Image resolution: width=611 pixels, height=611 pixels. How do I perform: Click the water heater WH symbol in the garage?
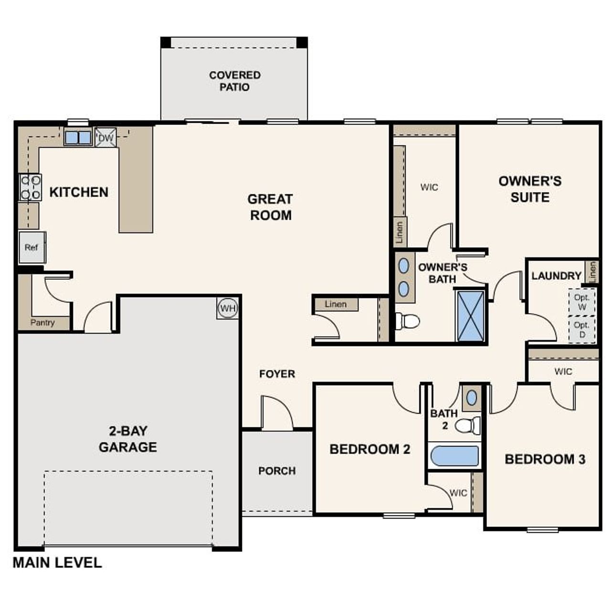pos(228,308)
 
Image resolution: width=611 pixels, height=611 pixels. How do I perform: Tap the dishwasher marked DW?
pos(105,138)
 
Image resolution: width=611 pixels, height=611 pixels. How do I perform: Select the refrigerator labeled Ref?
pos(32,247)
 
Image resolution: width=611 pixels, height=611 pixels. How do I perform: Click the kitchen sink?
pos(77,137)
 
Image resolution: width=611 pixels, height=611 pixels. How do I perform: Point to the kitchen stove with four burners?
pos(30,187)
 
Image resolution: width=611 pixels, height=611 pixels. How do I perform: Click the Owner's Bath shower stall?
pos(471,316)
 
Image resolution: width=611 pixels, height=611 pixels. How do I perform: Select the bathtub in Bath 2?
pos(454,456)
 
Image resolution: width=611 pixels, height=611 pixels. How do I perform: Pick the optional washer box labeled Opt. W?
pos(581,302)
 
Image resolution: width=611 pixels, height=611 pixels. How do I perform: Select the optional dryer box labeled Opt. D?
pos(581,329)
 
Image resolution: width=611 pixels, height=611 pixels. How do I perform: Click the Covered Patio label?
pos(234,81)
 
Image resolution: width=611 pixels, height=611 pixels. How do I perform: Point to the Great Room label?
pos(270,207)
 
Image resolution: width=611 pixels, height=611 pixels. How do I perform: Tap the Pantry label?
pos(42,323)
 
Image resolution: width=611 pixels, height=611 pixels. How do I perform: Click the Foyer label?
pos(277,374)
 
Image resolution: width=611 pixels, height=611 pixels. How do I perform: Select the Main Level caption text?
pos(57,562)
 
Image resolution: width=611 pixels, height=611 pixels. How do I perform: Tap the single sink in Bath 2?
pos(472,397)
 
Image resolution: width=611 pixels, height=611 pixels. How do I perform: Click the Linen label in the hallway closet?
pos(335,304)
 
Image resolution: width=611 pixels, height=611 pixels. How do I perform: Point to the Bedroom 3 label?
pos(545,459)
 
